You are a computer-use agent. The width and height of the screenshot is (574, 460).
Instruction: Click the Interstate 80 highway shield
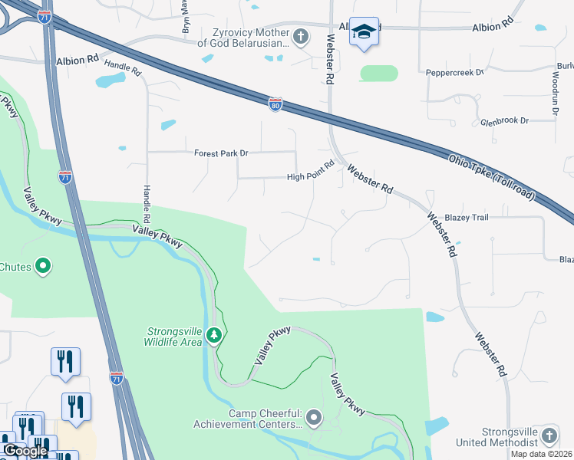click(275, 102)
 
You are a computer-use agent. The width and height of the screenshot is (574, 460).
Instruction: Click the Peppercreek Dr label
click(455, 73)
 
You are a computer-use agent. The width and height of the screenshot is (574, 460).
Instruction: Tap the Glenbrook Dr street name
click(504, 121)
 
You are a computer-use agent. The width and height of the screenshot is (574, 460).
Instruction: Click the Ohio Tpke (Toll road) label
click(491, 177)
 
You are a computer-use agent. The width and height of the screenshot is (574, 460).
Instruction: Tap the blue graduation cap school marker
click(364, 32)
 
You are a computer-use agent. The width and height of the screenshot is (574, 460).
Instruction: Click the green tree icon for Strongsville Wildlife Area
click(216, 335)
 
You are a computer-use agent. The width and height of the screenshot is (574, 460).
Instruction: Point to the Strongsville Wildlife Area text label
click(174, 337)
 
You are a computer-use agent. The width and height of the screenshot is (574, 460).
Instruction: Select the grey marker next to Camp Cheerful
click(313, 418)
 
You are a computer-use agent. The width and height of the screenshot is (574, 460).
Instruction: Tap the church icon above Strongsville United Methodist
click(549, 436)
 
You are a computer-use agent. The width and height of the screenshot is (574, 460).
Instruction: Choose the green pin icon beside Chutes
click(43, 267)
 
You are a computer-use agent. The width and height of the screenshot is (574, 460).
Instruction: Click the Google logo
click(25, 451)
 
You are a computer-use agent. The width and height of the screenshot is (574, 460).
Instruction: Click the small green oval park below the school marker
click(379, 74)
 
